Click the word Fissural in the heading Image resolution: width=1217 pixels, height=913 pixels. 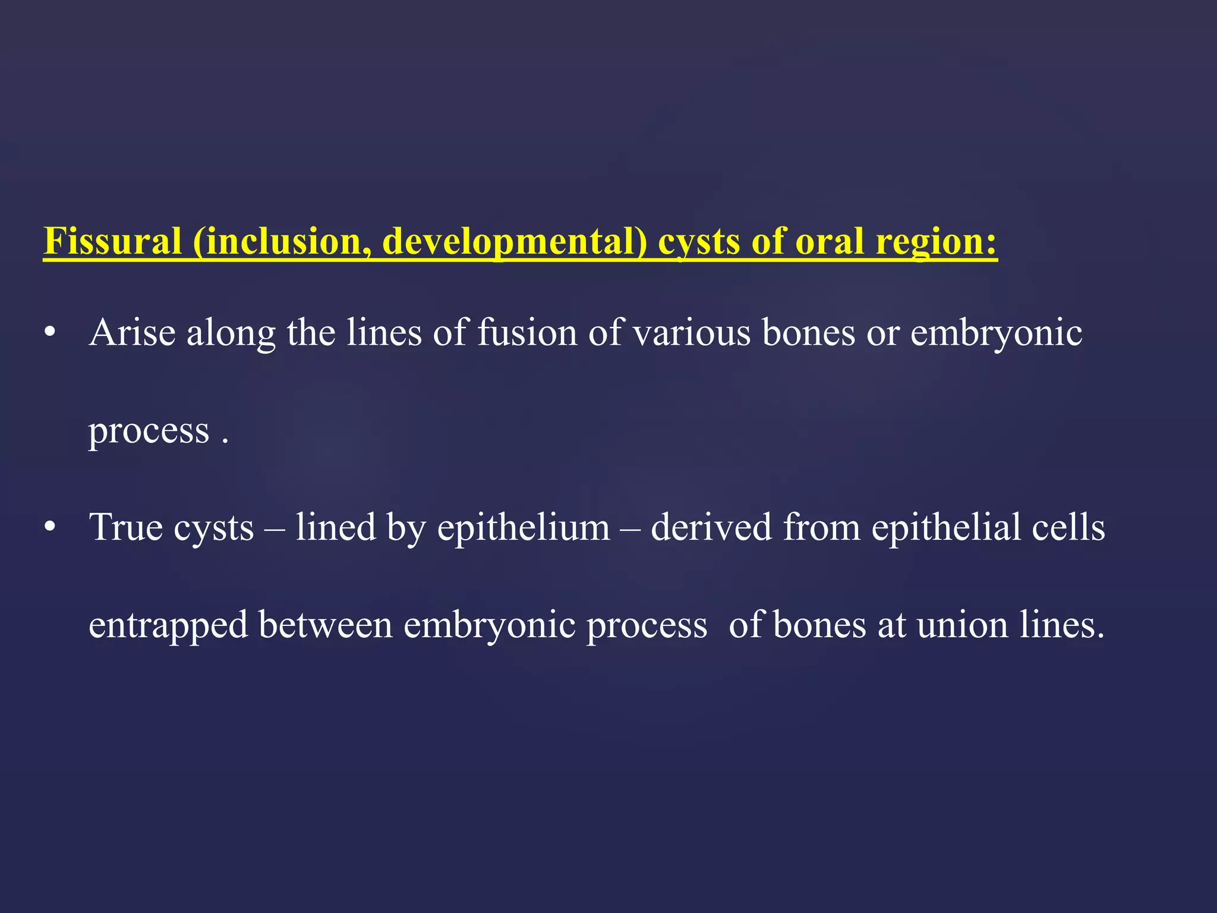[112, 241]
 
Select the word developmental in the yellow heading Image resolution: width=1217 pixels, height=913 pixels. [515, 241]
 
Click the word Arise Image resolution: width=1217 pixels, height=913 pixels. [132, 332]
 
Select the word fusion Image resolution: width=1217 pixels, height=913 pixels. [527, 332]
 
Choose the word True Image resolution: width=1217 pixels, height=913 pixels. [125, 527]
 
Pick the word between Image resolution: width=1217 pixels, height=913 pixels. [326, 625]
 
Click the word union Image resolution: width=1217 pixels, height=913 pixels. [963, 625]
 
